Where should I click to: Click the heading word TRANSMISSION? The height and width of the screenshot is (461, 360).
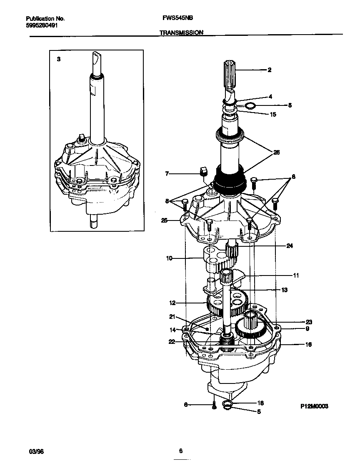pyautogui.click(x=182, y=32)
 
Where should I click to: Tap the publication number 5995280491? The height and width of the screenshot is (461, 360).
pyautogui.click(x=42, y=25)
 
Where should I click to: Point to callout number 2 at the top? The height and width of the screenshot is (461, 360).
pyautogui.click(x=270, y=70)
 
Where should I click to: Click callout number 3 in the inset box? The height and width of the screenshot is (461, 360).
pyautogui.click(x=59, y=60)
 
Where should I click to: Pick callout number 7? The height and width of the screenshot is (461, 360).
pyautogui.click(x=167, y=173)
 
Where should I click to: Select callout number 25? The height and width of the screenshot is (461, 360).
pyautogui.click(x=165, y=220)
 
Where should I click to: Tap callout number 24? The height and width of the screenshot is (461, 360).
pyautogui.click(x=290, y=246)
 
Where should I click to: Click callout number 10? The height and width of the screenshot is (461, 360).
pyautogui.click(x=169, y=258)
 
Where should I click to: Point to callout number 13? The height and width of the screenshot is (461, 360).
pyautogui.click(x=285, y=290)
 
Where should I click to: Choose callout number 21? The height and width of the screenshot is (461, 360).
pyautogui.click(x=172, y=316)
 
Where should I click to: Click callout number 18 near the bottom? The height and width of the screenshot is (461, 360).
pyautogui.click(x=260, y=403)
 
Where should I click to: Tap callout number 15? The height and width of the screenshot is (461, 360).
pyautogui.click(x=273, y=114)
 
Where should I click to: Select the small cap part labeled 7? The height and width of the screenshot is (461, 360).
pyautogui.click(x=204, y=171)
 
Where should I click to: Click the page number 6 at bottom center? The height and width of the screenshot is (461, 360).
pyautogui.click(x=180, y=451)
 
